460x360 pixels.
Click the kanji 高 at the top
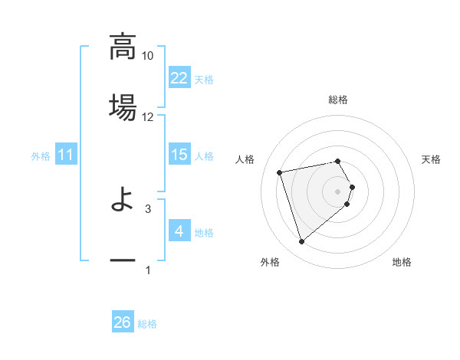[123, 47]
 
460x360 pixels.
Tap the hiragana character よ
[123, 201]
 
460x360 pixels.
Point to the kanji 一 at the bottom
[123, 261]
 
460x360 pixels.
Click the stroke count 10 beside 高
[148, 56]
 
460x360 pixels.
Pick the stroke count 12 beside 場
[148, 116]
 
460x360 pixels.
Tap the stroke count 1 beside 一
[148, 270]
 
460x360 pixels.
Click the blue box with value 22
[179, 78]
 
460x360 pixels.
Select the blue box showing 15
[179, 155]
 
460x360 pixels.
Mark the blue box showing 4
[179, 231]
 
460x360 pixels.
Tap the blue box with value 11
[66, 155]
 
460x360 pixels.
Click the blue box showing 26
[123, 323]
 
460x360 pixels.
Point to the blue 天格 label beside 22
[204, 79]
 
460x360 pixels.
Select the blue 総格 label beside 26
[147, 324]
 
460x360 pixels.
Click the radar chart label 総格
[338, 100]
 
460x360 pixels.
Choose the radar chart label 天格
[432, 159]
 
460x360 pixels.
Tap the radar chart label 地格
[402, 262]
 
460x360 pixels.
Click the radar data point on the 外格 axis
[301, 241]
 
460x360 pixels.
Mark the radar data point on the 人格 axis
[280, 172]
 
